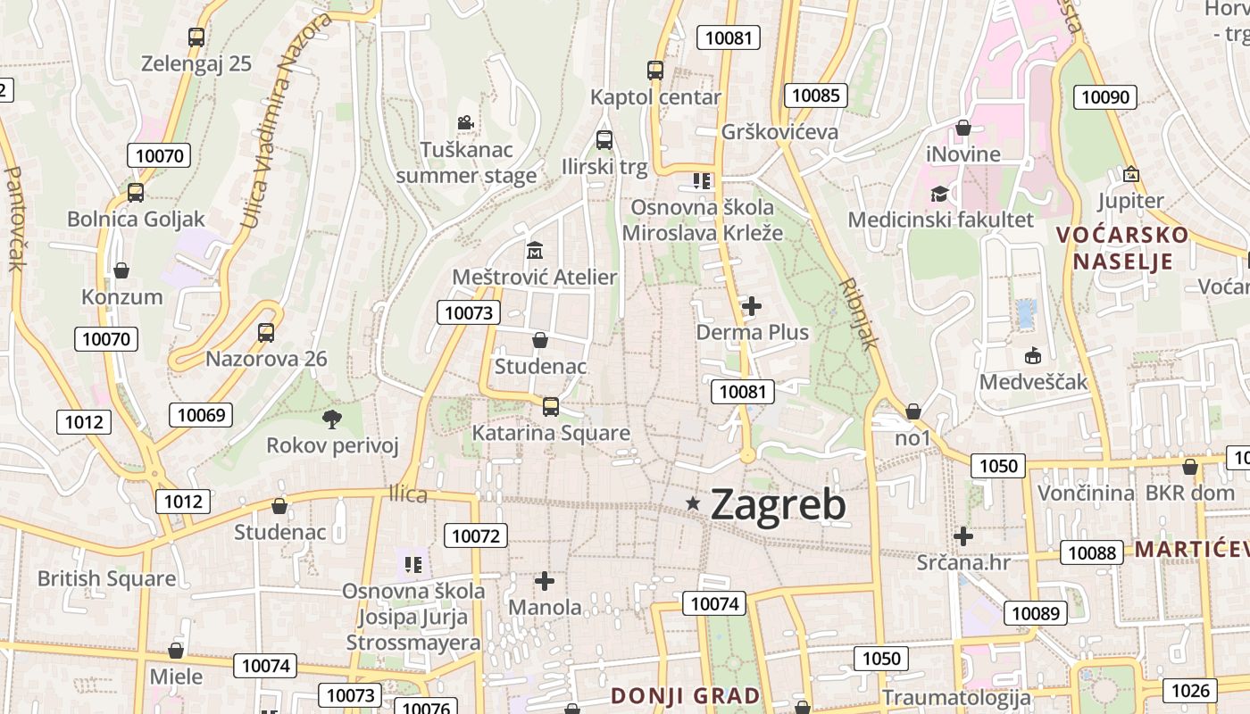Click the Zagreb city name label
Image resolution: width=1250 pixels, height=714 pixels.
778,505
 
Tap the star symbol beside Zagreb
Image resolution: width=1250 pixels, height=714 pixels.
693,503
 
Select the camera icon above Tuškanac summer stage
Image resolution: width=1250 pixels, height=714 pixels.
464,123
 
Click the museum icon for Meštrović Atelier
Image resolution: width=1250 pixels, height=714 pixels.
535,249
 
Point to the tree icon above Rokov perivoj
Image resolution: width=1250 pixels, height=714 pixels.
332,418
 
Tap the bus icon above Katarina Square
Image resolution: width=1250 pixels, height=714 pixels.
551,407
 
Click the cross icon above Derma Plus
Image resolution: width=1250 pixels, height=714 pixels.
752,306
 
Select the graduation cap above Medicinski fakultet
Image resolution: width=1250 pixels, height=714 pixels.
939,194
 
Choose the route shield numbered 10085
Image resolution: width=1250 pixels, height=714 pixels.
816,95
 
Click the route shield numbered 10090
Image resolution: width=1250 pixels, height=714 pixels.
1105,97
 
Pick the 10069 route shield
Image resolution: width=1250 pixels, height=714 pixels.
201,414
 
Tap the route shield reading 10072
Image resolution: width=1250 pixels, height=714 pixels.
476,535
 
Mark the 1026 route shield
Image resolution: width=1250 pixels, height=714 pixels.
1190,690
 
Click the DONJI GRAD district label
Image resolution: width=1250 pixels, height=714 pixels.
686,695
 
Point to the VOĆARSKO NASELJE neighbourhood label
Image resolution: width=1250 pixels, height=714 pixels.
1122,248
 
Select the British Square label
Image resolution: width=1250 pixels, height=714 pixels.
106,578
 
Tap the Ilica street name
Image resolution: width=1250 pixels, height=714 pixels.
408,494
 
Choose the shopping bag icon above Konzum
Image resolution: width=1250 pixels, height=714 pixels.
121,270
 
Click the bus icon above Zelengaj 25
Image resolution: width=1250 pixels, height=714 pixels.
196,37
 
